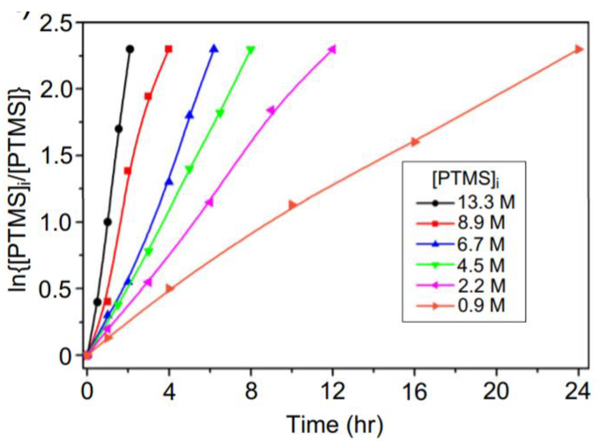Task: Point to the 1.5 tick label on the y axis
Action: [x=56, y=156]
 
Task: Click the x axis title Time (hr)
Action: [x=335, y=424]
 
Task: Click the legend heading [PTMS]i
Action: [x=465, y=179]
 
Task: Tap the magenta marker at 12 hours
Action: [x=332, y=50]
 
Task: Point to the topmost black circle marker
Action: [x=130, y=49]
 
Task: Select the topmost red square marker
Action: [x=169, y=49]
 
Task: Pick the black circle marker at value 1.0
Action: [x=108, y=222]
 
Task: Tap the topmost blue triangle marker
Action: [x=214, y=49]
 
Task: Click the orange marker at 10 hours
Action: [x=292, y=205]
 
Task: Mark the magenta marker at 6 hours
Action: [x=209, y=202]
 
